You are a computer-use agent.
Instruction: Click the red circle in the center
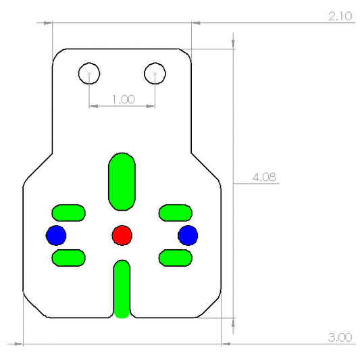tap(122, 235)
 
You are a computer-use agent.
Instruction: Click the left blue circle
tap(56, 235)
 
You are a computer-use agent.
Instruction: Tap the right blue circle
tap(187, 235)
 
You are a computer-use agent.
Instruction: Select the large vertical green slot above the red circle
tap(122, 181)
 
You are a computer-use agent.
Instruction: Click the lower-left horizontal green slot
tap(68, 257)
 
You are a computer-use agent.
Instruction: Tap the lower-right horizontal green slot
tap(175, 257)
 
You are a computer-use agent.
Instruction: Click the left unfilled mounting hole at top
tap(89, 72)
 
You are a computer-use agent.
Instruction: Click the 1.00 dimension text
tap(122, 99)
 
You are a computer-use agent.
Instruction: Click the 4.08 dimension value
tap(263, 177)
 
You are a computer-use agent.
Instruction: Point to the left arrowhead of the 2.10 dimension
tap(48, 22)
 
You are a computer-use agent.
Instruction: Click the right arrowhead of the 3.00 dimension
tap(227, 344)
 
